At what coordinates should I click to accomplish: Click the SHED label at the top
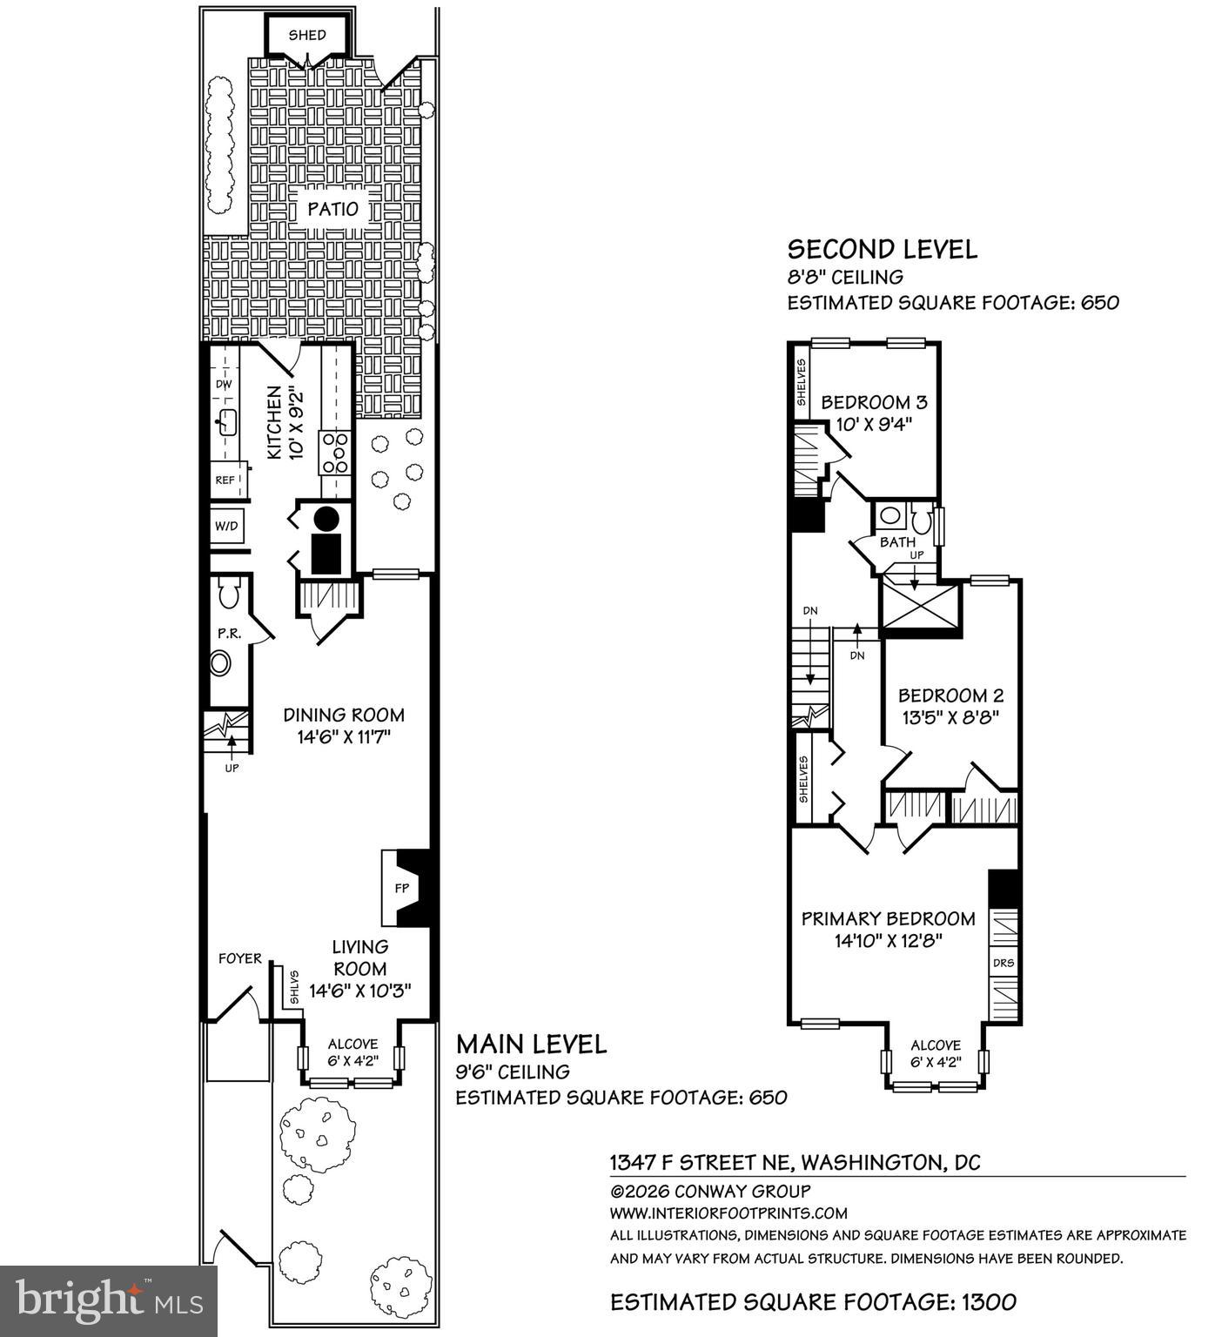(x=307, y=35)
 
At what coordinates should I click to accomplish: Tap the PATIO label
(x=332, y=209)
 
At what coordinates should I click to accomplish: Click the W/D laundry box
(x=227, y=527)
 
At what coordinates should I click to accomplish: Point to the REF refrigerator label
(x=225, y=480)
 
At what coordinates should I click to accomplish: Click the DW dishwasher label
(x=224, y=384)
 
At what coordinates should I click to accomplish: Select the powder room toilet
(x=229, y=595)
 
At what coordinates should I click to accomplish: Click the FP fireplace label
(x=401, y=889)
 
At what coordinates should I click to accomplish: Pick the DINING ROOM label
(x=344, y=715)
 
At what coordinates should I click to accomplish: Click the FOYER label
(x=239, y=958)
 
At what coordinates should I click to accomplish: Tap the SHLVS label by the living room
(x=294, y=987)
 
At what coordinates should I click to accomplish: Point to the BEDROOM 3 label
(x=874, y=402)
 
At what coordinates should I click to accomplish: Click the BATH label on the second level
(x=897, y=542)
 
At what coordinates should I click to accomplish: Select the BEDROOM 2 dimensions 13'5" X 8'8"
(x=950, y=717)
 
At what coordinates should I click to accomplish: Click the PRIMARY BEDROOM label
(x=888, y=918)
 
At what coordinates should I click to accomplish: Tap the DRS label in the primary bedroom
(x=1004, y=963)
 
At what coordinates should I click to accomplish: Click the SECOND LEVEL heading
(x=883, y=250)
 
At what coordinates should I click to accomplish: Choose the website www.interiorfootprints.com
(x=728, y=1213)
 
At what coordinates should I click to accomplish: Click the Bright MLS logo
(x=109, y=1300)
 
